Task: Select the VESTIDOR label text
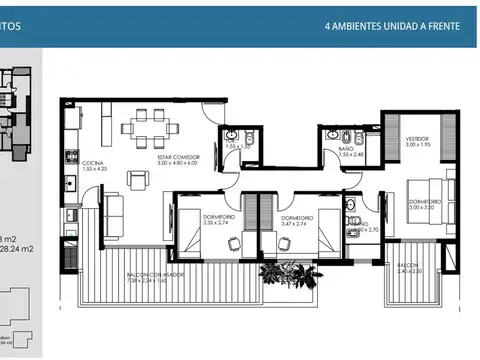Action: [x=417, y=138]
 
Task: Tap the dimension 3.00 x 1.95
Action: [x=417, y=145]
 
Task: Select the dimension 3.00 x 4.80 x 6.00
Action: [x=178, y=164]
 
